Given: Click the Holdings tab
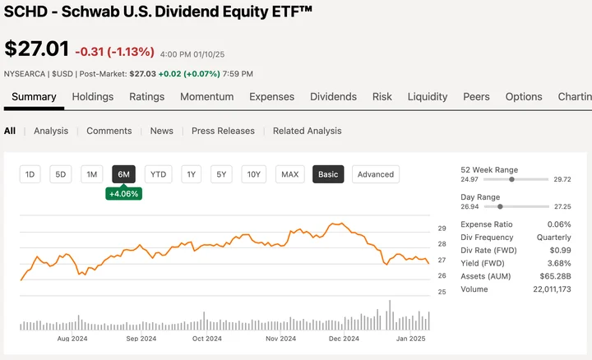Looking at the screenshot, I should click(x=93, y=96).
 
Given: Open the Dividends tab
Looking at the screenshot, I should click(x=333, y=96).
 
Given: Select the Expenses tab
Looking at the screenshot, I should click(x=271, y=96).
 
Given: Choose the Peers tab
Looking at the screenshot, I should click(x=476, y=96).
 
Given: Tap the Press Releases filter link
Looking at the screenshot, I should click(x=223, y=131).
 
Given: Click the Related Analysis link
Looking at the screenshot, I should click(x=307, y=131).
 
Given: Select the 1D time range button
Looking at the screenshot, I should click(x=30, y=174).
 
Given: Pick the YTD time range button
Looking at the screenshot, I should click(x=158, y=174).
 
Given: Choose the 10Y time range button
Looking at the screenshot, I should click(x=254, y=174).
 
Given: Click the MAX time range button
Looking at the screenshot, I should click(x=289, y=174).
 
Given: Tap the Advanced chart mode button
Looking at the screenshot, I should click(x=376, y=174).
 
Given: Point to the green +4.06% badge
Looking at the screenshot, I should click(x=123, y=194).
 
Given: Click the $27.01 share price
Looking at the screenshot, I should click(x=35, y=49).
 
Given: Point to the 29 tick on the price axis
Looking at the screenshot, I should click(x=442, y=228).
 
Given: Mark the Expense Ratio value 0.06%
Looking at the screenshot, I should click(x=559, y=224).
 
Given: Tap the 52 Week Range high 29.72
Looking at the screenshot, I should click(x=562, y=178).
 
